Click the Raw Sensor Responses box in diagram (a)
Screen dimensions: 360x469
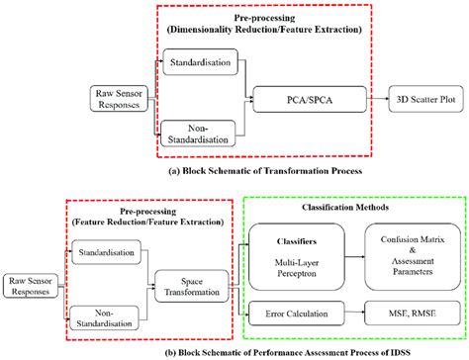118,98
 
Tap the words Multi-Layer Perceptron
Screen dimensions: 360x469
288,260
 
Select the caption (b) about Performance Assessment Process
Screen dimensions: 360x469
234,349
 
